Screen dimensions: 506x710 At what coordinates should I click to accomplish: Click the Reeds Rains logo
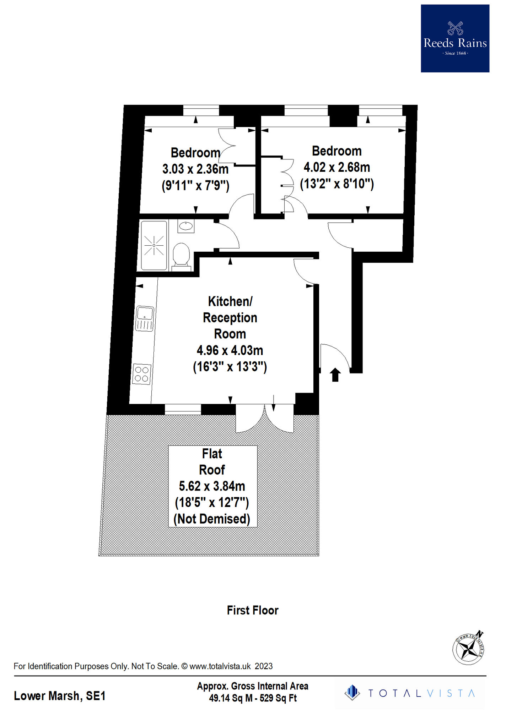point(455,38)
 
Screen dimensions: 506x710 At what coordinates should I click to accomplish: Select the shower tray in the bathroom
point(154,245)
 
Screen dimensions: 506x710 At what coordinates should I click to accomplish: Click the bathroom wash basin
point(186,226)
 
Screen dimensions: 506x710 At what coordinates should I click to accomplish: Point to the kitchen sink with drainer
point(145,318)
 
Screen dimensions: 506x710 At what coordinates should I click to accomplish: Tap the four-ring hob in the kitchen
point(141,374)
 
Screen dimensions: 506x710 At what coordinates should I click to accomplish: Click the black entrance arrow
point(335,375)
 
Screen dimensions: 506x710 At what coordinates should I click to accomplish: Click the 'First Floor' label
point(253,610)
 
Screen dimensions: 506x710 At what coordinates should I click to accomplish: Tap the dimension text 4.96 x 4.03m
point(230,350)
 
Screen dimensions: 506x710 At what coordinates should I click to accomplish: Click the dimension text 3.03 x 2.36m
point(195,169)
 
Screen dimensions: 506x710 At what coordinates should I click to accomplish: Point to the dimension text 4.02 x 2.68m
point(337,167)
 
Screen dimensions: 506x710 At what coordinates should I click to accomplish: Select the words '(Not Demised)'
point(212,519)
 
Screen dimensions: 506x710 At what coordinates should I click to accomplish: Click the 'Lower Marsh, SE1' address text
point(60,696)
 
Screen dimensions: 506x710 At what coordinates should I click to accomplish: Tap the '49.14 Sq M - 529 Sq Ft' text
point(253,698)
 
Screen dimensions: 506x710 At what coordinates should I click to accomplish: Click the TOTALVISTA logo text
point(421,693)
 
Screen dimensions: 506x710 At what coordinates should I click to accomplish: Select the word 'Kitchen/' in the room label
point(230,301)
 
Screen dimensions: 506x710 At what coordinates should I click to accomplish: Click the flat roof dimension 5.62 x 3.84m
point(212,486)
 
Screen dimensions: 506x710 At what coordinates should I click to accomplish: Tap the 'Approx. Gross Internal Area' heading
point(253,686)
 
